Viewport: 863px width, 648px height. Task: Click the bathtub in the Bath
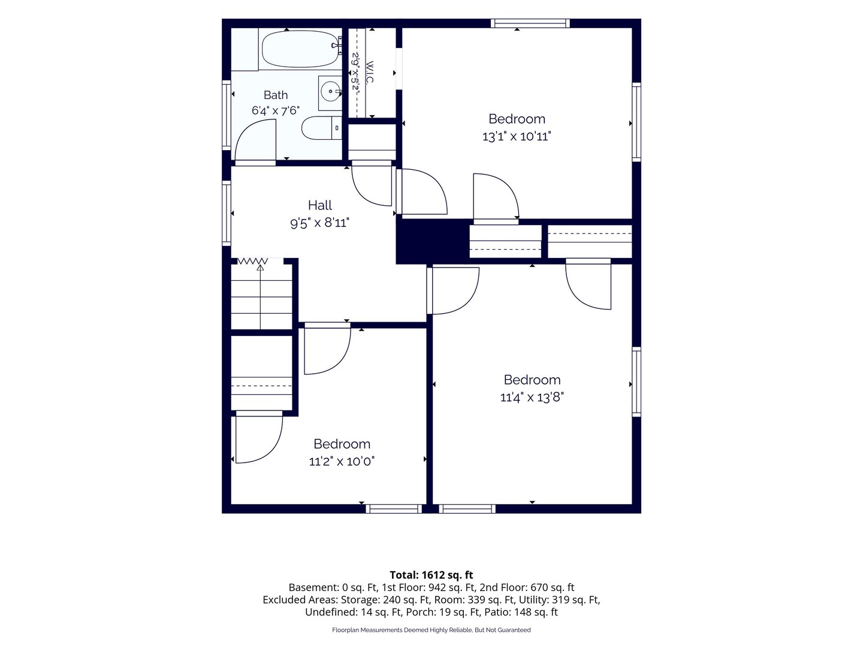coord(300,49)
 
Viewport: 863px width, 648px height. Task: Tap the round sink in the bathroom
coord(330,92)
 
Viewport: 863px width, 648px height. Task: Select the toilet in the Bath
coord(322,128)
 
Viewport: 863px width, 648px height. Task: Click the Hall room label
coord(319,205)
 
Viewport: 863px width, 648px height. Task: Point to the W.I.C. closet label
coord(370,73)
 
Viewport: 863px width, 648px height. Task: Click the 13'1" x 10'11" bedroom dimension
coord(517,137)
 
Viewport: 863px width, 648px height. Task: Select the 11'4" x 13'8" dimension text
coord(532,397)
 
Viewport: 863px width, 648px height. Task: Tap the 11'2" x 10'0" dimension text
coord(342,461)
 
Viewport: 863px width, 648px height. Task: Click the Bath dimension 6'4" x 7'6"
coord(276,110)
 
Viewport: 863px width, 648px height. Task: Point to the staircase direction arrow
coord(260,297)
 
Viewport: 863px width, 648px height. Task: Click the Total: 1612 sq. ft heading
coord(431,575)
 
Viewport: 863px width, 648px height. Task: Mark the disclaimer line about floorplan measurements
coord(431,630)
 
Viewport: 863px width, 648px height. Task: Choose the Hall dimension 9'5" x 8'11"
coord(319,223)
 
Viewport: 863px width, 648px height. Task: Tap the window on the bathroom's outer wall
coord(227,115)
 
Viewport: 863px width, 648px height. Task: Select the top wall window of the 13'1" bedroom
coord(530,23)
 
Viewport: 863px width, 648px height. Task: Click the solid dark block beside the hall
coord(433,241)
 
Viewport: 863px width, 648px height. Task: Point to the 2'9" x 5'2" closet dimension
coord(356,73)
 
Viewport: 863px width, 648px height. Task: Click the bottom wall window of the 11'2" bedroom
coord(394,509)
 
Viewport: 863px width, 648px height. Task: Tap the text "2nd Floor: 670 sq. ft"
coord(527,588)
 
